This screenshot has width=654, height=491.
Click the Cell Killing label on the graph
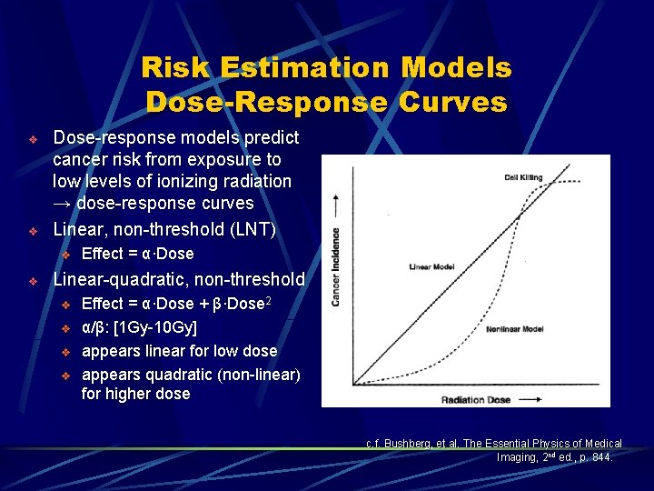(522, 176)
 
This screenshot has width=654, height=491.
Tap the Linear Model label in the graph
(432, 267)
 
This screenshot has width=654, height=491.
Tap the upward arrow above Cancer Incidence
(336, 205)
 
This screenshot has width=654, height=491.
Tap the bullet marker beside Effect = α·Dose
(64, 255)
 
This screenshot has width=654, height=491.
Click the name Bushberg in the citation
(407, 444)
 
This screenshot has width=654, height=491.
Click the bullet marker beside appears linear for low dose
(64, 351)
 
